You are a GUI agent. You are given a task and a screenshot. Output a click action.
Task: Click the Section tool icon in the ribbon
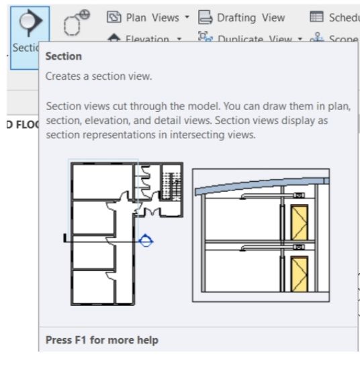point(25,24)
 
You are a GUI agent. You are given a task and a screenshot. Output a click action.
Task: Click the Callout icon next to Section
point(76,24)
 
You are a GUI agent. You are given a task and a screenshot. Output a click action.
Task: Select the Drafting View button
point(241,18)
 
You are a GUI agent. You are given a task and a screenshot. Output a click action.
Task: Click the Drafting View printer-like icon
point(205,18)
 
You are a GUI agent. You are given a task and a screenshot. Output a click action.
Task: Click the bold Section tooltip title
point(63,56)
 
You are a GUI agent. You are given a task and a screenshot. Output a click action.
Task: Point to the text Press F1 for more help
point(101,340)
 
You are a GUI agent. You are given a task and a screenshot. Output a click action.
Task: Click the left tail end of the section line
point(64,238)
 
